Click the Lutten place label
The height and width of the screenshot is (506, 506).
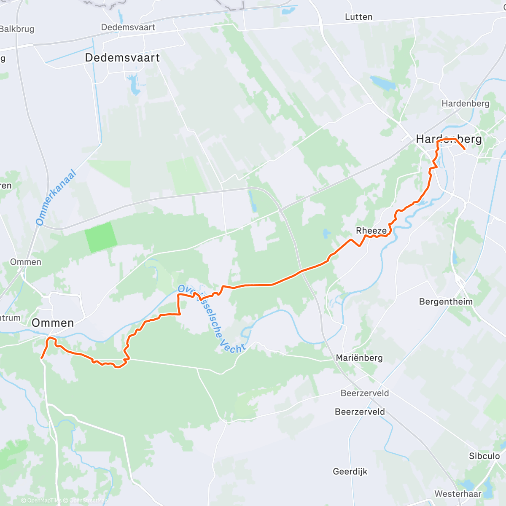pos(358,17)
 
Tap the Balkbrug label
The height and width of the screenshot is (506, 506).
pos(17,29)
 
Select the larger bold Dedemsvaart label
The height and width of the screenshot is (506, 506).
pos(122,58)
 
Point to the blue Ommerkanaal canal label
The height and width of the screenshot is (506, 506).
pos(56,197)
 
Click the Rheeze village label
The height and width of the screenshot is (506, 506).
pos(371,231)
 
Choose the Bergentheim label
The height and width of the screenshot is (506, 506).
pos(446,301)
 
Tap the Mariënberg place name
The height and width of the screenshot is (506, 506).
pos(359,358)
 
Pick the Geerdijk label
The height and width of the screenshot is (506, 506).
pos(350,471)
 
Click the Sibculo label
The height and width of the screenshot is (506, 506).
pos(484,456)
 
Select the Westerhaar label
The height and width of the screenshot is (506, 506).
pos(458,494)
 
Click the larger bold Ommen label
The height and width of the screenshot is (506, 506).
pos(53,323)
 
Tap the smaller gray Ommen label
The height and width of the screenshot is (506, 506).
pos(26,262)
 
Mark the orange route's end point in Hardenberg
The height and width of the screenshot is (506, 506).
pos(464,149)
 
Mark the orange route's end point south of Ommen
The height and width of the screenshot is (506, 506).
pos(41,358)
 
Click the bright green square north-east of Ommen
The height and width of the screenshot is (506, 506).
pos(101,237)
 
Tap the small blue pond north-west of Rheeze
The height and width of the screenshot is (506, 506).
pos(326,233)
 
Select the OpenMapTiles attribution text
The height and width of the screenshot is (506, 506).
pos(41,501)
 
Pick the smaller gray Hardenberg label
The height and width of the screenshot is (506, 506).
pos(465,104)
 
